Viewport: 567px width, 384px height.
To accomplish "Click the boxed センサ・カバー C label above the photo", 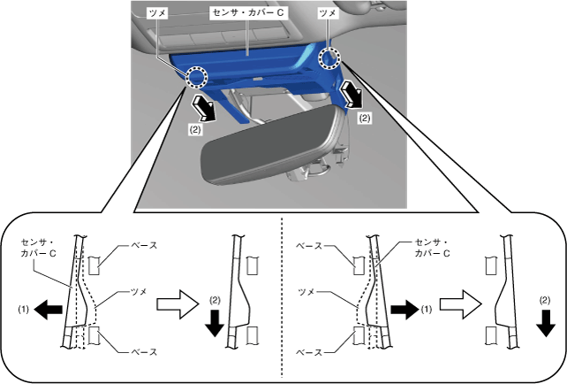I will coord(246,15).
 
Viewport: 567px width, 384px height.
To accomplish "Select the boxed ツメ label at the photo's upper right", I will coord(329,15).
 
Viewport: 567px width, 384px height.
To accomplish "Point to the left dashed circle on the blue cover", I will coord(197,77).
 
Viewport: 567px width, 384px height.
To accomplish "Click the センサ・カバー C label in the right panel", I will coord(433,247).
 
